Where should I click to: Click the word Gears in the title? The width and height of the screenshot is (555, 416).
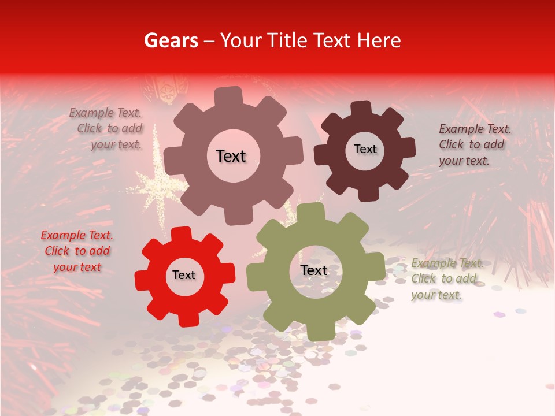coord(170,40)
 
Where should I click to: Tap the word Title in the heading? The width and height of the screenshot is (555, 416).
coord(288,40)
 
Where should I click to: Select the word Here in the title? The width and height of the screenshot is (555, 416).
coord(379,40)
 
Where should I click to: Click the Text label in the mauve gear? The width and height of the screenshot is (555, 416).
coord(231,156)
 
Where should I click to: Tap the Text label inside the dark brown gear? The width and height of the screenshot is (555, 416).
coord(365,149)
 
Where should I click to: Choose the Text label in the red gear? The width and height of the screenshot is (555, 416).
coord(184,275)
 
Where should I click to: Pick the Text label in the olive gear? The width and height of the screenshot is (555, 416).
coord(314,270)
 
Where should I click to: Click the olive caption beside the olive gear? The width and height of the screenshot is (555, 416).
coord(447,278)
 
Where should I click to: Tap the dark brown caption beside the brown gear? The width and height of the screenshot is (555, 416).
coord(475,144)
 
